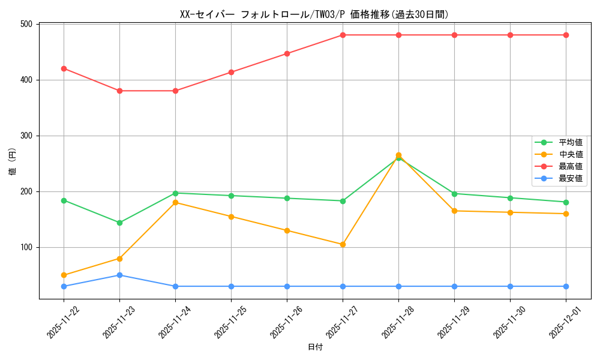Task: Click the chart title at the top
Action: tap(314, 14)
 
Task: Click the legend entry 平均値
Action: tap(571, 142)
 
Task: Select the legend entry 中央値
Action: tap(571, 154)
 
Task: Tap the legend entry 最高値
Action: tap(571, 166)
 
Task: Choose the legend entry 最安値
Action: tap(571, 178)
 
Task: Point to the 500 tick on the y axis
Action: tap(28, 24)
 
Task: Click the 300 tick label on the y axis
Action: tap(28, 136)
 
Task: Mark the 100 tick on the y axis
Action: tap(28, 247)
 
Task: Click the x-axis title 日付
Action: tap(314, 347)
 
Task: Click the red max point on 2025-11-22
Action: tap(64, 68)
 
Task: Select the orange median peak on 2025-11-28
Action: tap(398, 155)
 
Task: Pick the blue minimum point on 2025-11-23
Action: tap(119, 275)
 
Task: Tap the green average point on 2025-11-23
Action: tap(119, 223)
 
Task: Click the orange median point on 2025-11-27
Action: tap(343, 244)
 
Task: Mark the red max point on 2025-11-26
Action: tap(287, 53)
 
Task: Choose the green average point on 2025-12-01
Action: tap(566, 202)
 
